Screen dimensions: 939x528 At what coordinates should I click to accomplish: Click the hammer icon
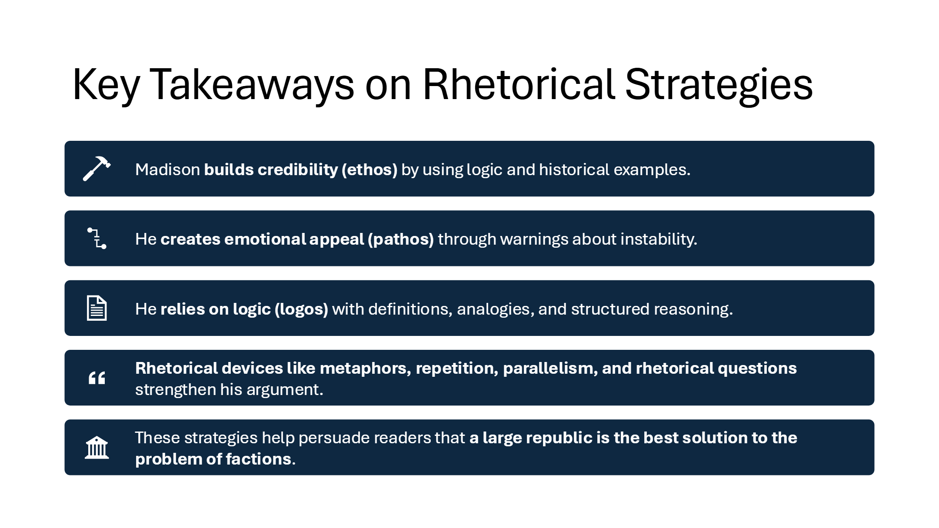click(x=97, y=169)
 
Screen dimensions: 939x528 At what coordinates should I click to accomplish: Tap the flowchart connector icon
click(x=97, y=239)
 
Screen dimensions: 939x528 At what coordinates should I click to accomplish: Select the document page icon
click(x=97, y=308)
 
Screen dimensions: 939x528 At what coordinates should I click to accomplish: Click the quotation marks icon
click(x=97, y=378)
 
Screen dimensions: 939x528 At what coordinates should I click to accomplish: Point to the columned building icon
click(x=97, y=448)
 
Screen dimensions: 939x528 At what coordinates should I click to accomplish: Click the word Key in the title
click(x=106, y=85)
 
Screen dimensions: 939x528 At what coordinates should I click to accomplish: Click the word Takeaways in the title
click(x=252, y=85)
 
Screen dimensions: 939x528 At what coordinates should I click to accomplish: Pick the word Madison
click(x=167, y=169)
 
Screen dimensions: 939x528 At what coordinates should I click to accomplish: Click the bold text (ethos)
click(x=370, y=169)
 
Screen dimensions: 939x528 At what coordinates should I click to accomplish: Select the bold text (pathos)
click(x=401, y=239)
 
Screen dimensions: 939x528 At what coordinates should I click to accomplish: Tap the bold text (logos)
click(x=301, y=309)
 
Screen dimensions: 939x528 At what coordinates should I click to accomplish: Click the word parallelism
click(x=550, y=369)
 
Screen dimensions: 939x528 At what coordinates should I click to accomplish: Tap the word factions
click(x=260, y=459)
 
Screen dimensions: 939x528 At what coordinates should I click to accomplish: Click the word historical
click(x=574, y=169)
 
